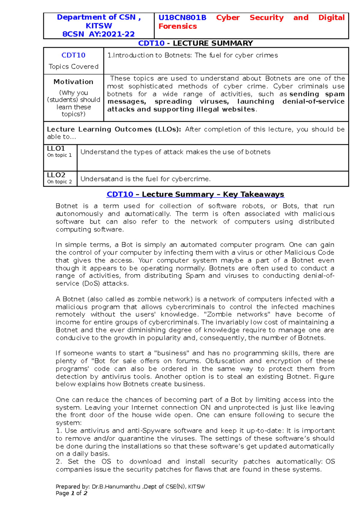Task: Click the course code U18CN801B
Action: click(182, 18)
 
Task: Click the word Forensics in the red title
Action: click(178, 26)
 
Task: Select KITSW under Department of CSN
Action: click(99, 26)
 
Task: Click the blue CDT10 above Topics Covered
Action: click(73, 55)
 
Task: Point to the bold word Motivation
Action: click(73, 82)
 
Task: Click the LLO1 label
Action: click(56, 148)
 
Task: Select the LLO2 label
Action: click(56, 175)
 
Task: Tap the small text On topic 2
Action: click(59, 182)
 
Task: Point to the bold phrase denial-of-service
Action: click(313, 102)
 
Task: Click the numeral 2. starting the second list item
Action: click(59, 462)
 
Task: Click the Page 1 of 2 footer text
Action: click(71, 493)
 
